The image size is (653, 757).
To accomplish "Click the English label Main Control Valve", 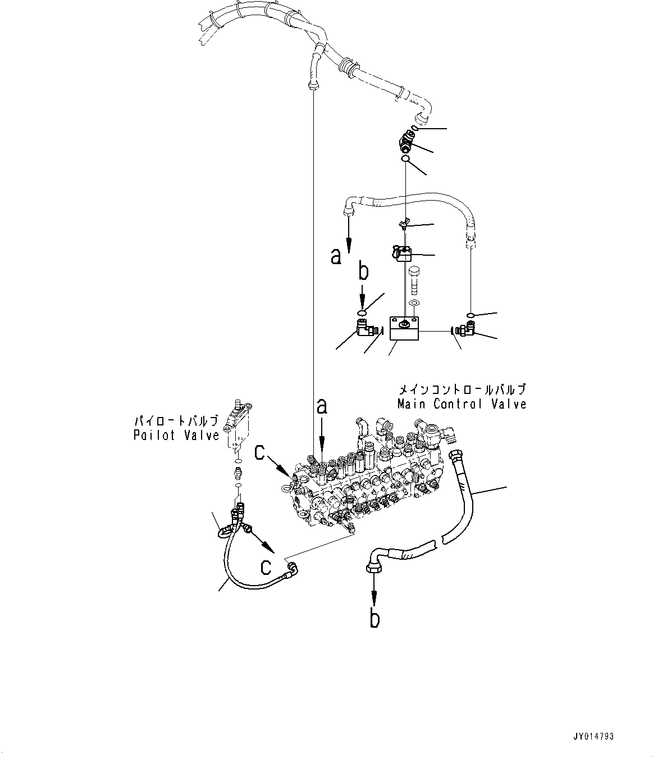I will point(462,404).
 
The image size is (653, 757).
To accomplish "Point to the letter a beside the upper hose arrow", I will point(336,256).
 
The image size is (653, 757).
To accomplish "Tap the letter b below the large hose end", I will point(375,618).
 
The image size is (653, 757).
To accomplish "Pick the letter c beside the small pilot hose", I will point(267,566).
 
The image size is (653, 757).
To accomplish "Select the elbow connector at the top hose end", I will point(404,143).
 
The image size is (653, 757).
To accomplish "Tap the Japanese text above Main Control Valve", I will point(462,389).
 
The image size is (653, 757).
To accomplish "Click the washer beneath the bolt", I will point(414,304).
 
